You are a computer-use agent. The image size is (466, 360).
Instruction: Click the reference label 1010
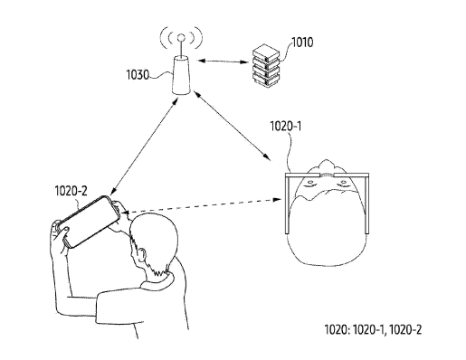click(x=303, y=43)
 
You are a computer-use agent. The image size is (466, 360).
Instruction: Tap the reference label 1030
click(x=138, y=74)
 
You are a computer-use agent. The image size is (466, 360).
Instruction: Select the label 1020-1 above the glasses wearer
click(x=286, y=126)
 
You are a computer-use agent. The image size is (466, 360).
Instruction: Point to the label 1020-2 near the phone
click(x=71, y=191)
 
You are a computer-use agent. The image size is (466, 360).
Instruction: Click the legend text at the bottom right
click(x=373, y=329)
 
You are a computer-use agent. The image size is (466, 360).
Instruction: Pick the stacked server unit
click(x=266, y=65)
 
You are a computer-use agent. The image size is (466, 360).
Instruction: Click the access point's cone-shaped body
click(x=181, y=75)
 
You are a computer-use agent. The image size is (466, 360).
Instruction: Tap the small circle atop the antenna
click(x=181, y=38)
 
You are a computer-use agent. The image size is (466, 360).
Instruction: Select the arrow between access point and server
click(x=223, y=62)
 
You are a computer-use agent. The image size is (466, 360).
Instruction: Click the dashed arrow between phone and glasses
click(x=202, y=205)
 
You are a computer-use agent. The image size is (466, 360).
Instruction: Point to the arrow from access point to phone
click(x=144, y=147)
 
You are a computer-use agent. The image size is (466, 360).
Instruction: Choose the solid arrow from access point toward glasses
click(x=232, y=125)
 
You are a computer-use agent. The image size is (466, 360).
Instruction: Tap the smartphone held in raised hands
click(x=88, y=222)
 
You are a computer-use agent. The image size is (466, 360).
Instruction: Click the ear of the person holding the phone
click(x=141, y=256)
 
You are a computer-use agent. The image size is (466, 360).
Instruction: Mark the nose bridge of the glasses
click(x=327, y=175)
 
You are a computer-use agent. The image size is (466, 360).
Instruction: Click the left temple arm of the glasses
click(x=288, y=205)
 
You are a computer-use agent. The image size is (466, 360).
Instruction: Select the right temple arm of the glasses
click(x=366, y=205)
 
